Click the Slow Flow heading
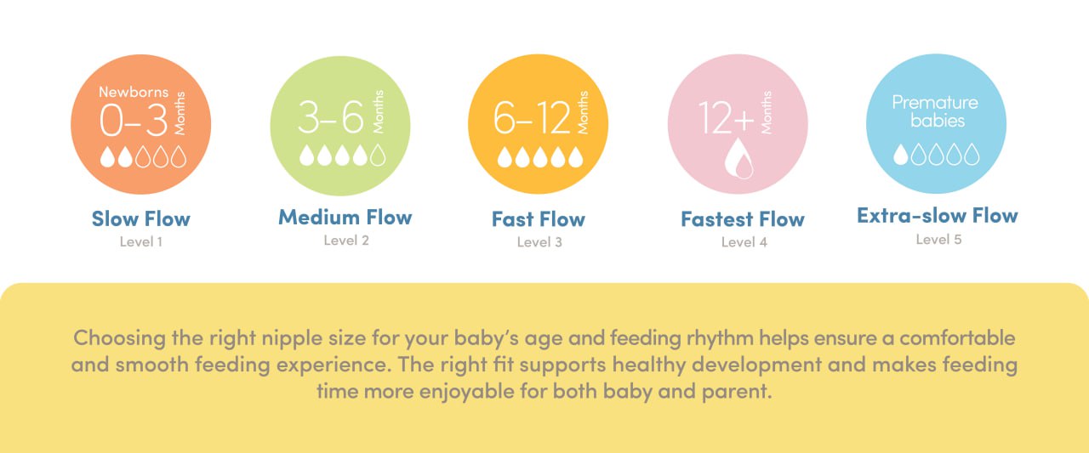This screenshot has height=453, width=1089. click(x=141, y=219)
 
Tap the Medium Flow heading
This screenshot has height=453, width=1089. click(x=345, y=218)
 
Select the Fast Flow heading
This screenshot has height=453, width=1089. click(x=539, y=219)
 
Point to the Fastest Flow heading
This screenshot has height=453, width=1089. click(x=743, y=219)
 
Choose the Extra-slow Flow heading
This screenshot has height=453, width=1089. click(x=938, y=216)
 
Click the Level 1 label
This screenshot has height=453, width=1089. click(x=141, y=241)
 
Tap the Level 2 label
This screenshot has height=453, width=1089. click(x=346, y=241)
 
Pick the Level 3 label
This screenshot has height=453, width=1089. click(x=539, y=242)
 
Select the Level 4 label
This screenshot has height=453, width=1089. click(x=744, y=242)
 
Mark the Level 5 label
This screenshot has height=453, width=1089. click(x=938, y=240)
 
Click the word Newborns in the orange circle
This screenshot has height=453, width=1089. click(x=134, y=92)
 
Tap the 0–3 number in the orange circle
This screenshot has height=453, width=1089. click(x=134, y=120)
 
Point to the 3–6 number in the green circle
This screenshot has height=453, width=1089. click(x=331, y=116)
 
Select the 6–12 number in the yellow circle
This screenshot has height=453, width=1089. click(x=532, y=117)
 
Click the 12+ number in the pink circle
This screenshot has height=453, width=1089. click(x=727, y=117)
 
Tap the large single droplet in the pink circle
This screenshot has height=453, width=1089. click(x=739, y=158)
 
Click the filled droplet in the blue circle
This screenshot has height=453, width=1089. click(x=901, y=155)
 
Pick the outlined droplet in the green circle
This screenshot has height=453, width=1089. click(x=379, y=156)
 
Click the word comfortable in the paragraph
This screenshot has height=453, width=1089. click(x=957, y=338)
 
